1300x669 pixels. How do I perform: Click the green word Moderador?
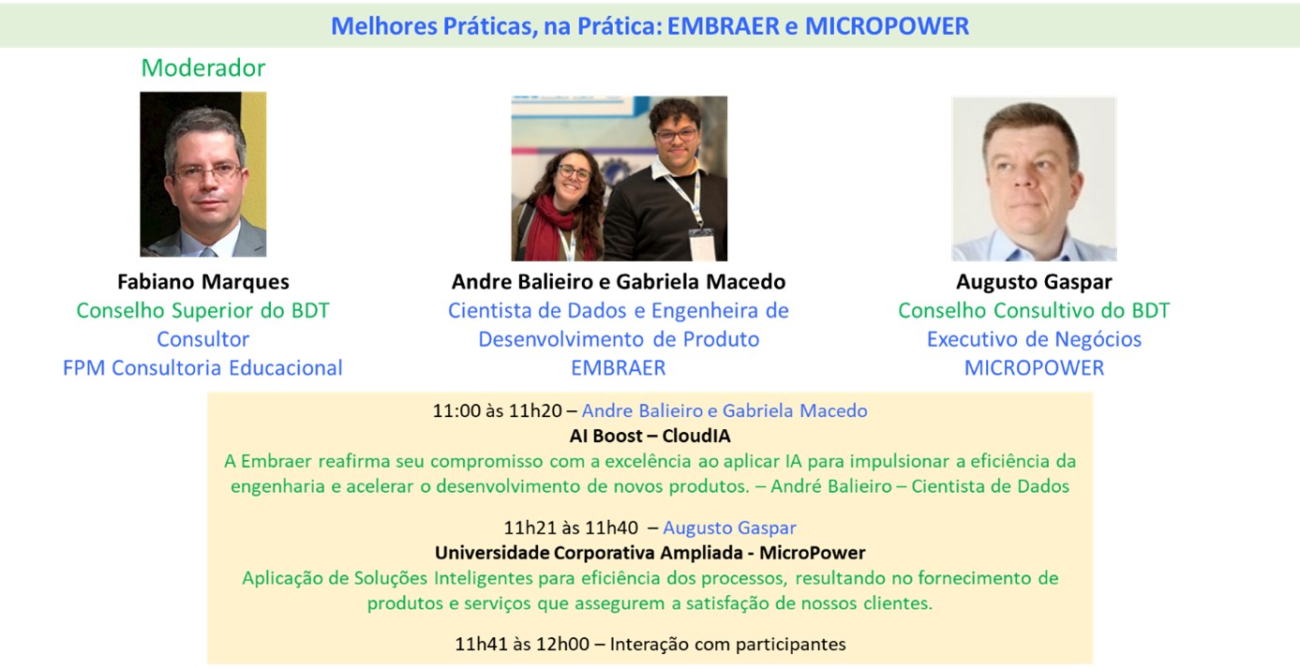coord(203,67)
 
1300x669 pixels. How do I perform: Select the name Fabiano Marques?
coord(203,282)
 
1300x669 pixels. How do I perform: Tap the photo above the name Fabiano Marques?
coord(203,174)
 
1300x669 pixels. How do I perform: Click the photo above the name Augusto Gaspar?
coord(1034,179)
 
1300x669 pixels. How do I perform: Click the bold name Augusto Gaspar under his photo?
coord(1034,282)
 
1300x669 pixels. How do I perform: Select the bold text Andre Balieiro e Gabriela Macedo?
coord(619,282)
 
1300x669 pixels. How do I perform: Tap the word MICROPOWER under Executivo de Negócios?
coord(1034,368)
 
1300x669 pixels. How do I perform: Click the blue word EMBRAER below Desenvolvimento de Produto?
coord(619,368)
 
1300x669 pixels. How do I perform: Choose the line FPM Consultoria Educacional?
coord(203,368)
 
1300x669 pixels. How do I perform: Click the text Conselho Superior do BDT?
coord(203,311)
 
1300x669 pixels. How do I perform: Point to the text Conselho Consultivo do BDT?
coord(1034,311)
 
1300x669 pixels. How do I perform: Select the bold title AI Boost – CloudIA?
coord(650,436)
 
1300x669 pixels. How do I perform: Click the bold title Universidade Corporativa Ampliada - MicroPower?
coord(650,553)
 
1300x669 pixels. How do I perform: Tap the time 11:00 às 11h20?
coord(498,410)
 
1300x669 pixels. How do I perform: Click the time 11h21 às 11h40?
coord(571,528)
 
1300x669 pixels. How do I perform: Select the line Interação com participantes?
coord(727,644)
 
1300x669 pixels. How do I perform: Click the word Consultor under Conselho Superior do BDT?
coord(203,339)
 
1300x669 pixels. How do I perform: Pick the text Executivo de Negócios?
coord(1034,339)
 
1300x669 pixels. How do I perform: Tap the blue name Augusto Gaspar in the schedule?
coord(729,528)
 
